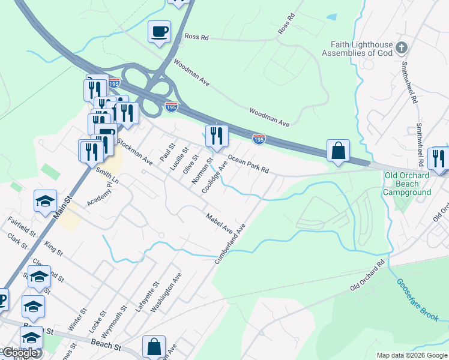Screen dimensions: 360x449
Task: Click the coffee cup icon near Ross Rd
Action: click(x=160, y=31)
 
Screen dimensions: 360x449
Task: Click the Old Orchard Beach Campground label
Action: click(x=407, y=184)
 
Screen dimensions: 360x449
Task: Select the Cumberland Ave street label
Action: click(x=231, y=244)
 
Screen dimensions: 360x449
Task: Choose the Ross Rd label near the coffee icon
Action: click(x=196, y=37)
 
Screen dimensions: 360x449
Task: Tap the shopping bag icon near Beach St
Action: click(x=154, y=347)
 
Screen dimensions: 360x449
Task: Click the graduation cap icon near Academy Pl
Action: click(x=45, y=202)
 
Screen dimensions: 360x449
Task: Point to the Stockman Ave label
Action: click(x=135, y=152)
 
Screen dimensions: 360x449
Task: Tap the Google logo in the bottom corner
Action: click(x=19, y=353)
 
